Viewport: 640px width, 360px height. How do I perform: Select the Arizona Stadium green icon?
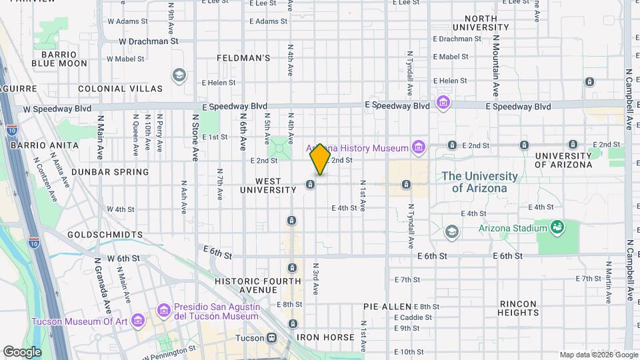tap(555, 228)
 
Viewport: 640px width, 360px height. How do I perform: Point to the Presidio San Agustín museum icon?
tap(164, 310)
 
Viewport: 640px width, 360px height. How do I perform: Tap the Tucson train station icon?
tap(272, 337)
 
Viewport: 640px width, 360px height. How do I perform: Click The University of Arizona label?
tap(479, 182)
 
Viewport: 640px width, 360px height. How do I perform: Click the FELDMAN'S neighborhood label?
tap(243, 58)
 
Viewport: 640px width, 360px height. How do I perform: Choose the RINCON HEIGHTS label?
tap(518, 307)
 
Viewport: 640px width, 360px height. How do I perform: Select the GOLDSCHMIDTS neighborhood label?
tap(105, 235)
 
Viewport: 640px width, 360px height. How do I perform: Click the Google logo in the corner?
tap(22, 351)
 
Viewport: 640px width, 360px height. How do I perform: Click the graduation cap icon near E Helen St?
tap(178, 75)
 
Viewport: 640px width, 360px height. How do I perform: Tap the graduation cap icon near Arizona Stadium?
tap(451, 231)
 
